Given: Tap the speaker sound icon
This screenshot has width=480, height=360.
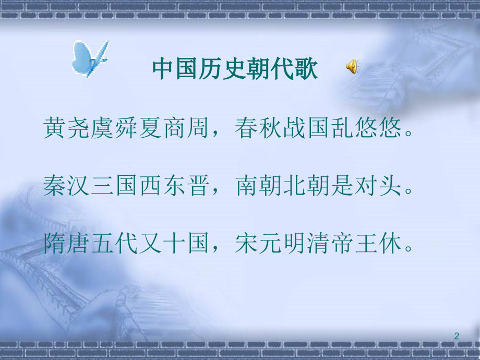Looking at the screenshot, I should pos(352,66).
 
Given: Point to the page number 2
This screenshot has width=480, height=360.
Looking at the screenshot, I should pos(457,336).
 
